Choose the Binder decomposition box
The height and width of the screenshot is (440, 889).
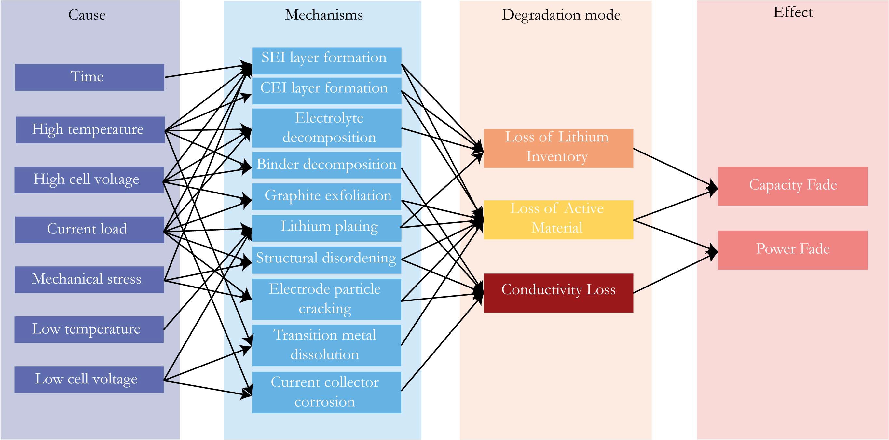click(326, 165)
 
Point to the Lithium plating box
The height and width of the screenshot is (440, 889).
click(326, 228)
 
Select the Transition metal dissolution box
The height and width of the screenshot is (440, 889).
click(326, 345)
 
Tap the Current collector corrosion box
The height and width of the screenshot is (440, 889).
click(326, 392)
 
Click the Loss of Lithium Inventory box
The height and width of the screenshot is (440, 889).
click(558, 148)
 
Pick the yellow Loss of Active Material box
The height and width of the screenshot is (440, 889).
click(558, 219)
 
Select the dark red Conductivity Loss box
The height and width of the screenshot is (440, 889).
click(558, 293)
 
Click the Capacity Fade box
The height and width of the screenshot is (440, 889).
click(792, 186)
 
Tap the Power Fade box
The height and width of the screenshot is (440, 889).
click(792, 250)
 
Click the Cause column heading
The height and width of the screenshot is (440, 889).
click(87, 15)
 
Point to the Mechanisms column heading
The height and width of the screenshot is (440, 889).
click(324, 15)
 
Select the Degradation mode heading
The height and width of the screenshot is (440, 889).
click(561, 15)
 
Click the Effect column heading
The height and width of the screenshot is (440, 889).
click(793, 12)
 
